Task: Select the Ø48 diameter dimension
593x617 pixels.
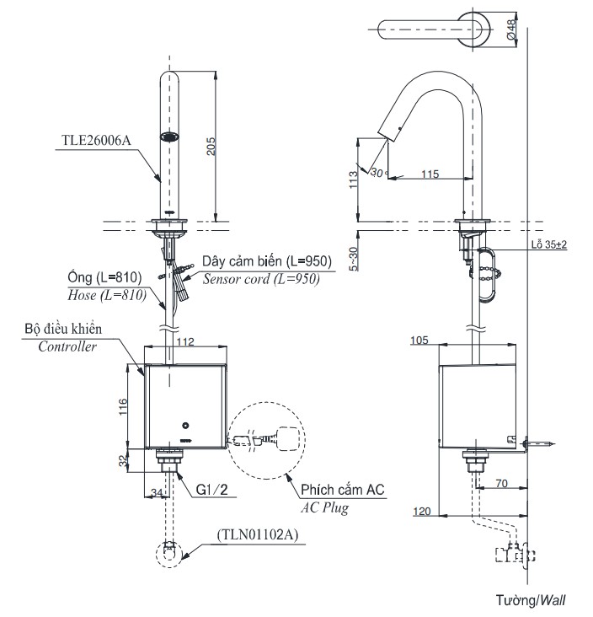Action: (x=512, y=30)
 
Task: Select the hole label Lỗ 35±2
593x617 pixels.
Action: (x=548, y=244)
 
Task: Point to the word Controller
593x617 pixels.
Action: (x=67, y=346)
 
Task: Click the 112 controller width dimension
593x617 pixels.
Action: (x=186, y=341)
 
